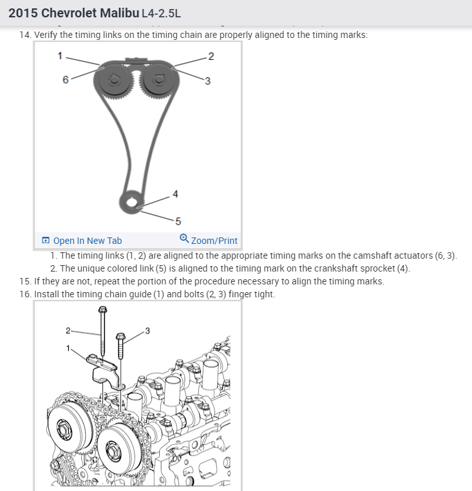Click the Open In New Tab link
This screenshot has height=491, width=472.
87,241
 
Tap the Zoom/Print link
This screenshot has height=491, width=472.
214,241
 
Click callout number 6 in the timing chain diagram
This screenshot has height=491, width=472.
65,80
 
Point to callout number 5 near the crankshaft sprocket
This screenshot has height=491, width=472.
178,221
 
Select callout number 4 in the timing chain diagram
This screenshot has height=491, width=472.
176,194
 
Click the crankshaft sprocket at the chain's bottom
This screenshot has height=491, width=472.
132,205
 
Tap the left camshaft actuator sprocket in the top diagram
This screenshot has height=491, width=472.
114,82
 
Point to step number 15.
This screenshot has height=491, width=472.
25,282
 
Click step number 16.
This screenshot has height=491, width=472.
25,294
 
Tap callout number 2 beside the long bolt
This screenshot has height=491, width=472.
68,331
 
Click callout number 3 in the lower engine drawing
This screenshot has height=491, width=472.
147,331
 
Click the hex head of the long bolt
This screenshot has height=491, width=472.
102,311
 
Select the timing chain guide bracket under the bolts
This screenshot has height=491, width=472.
104,369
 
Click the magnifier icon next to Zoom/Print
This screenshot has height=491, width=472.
184,239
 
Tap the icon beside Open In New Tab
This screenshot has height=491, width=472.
46,241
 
